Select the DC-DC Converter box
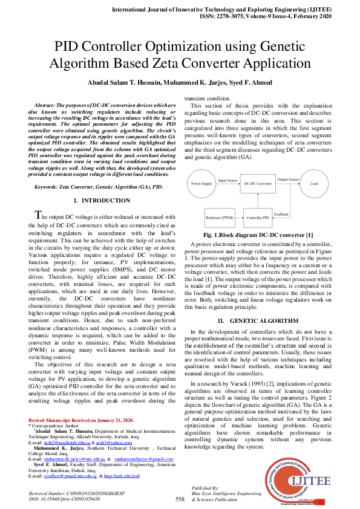coord(257,182)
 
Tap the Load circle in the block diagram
coord(315,182)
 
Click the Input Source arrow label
coord(228,180)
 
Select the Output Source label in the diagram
coord(288,180)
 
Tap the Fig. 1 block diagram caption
coord(258,235)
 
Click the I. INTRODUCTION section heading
coord(101,200)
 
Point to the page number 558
coord(180,499)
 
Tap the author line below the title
coord(180,83)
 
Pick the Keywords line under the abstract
coord(99,187)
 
